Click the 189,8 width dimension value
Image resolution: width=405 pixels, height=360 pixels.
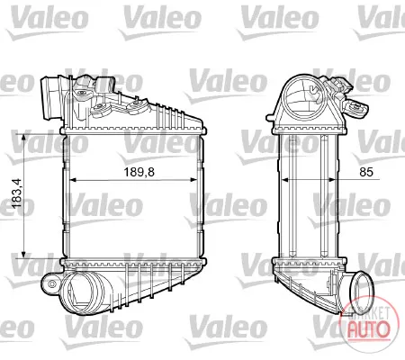[x=139, y=172]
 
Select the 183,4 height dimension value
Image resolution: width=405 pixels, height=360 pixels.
[x=16, y=193]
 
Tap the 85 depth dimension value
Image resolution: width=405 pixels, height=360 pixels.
[x=366, y=172]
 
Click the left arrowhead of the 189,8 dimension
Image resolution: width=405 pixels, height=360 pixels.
[x=73, y=180]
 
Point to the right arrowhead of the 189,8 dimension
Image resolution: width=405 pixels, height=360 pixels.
[x=193, y=180]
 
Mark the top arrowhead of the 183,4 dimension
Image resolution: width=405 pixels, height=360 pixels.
[x=23, y=138]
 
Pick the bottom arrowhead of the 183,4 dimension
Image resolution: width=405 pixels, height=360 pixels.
[x=23, y=255]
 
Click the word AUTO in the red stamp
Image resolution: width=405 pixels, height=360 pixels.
[x=369, y=329]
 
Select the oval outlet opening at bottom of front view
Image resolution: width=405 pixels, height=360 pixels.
[x=84, y=291]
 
